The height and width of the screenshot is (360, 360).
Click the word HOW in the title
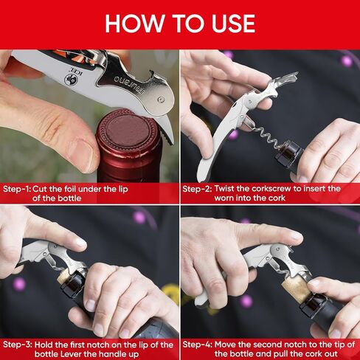click(134, 24)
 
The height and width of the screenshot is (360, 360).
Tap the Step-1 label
click(17, 189)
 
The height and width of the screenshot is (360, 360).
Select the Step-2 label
click(197, 189)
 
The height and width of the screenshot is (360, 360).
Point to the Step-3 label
click(18, 345)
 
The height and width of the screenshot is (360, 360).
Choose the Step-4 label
click(197, 345)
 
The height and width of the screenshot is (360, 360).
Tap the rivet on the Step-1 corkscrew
click(161, 100)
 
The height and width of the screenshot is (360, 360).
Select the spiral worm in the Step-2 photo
click(266, 136)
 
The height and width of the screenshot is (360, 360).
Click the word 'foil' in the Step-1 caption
click(70, 189)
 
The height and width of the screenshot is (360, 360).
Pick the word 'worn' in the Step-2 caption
click(224, 198)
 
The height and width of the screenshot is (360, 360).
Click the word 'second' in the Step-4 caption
click(268, 345)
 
